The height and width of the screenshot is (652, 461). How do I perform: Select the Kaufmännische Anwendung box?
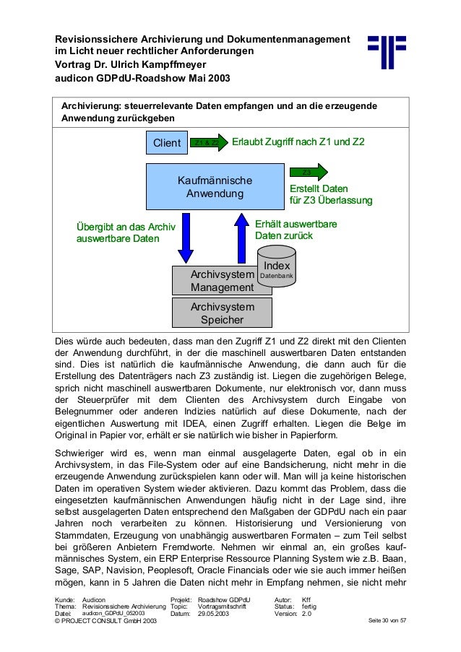pos(215,186)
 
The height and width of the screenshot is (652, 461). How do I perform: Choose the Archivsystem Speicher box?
pos(222,313)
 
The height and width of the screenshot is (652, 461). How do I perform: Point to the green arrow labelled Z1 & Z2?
pos(208,143)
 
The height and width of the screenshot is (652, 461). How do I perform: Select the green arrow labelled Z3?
pos(309,173)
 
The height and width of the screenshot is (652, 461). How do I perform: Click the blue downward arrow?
pos(186,238)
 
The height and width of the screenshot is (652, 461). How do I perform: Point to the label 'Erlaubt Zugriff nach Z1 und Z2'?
pos(298,142)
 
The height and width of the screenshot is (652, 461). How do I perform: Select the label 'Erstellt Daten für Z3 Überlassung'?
pos(330,194)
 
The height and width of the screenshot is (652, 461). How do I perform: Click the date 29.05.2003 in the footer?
pos(215,613)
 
